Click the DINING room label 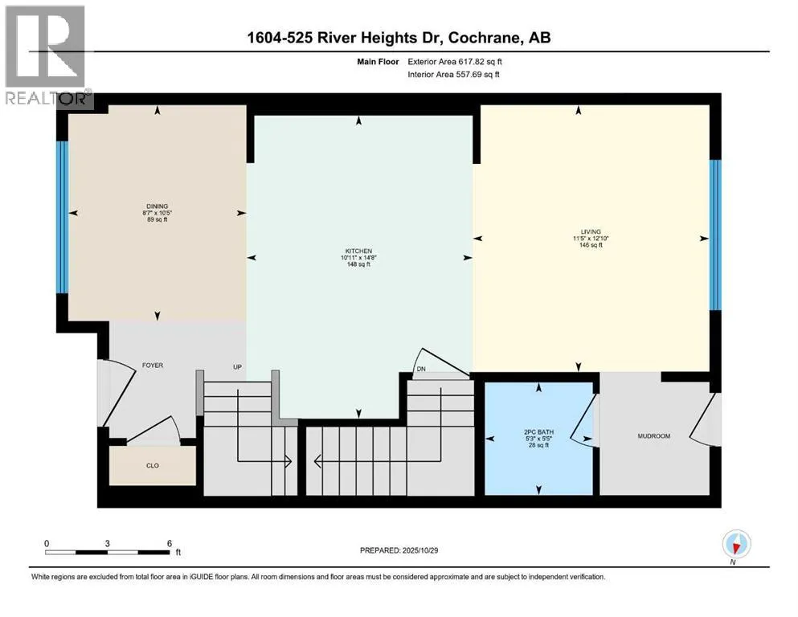point(158,206)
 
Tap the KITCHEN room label point(358,251)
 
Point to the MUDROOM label point(653,436)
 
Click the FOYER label point(153,366)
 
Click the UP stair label point(238,367)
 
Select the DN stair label point(420,369)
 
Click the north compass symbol point(736,545)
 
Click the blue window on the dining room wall point(60,218)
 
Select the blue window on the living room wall point(715,235)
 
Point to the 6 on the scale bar point(170,542)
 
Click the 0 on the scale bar point(47,542)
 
